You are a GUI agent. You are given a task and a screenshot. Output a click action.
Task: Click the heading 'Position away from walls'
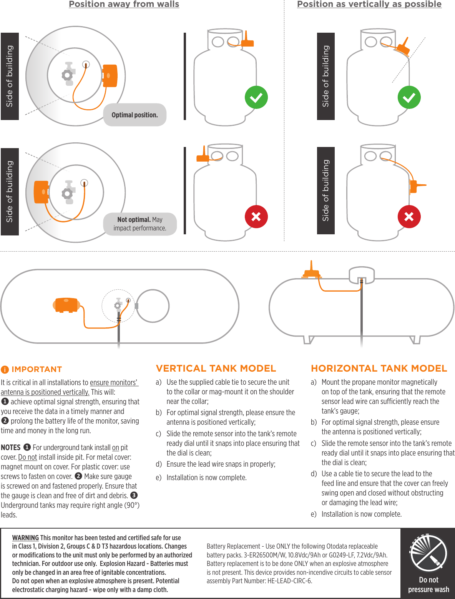[124, 4]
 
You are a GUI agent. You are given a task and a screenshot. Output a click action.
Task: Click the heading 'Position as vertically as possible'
[369, 4]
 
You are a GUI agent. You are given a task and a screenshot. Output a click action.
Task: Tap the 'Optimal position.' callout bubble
[135, 115]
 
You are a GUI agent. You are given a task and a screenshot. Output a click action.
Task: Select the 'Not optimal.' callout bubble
[140, 224]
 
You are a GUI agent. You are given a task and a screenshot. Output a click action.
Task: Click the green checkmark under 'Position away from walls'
[256, 97]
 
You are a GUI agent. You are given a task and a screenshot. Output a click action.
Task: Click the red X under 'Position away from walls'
[256, 217]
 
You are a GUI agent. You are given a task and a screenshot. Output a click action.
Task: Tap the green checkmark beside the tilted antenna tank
[409, 97]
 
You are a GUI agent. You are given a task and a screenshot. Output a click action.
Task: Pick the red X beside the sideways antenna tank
[409, 217]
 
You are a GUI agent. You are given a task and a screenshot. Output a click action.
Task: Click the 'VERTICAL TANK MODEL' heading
[216, 369]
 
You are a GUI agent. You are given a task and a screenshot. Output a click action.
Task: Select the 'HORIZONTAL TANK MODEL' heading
[379, 369]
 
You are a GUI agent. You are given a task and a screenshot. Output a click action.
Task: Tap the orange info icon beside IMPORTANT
[5, 370]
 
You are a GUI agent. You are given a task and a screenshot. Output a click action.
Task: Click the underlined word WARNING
[25, 538]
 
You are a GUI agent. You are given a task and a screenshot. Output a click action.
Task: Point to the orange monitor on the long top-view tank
[66, 305]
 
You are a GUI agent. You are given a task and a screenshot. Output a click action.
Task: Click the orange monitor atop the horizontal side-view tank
[311, 273]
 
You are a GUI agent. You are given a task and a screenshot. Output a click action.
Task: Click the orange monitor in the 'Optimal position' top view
[110, 76]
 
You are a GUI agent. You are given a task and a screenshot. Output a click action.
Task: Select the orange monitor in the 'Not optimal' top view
[42, 192]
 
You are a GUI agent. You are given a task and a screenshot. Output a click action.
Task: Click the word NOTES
[11, 447]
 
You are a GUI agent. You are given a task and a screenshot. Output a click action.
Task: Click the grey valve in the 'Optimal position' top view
[68, 74]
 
